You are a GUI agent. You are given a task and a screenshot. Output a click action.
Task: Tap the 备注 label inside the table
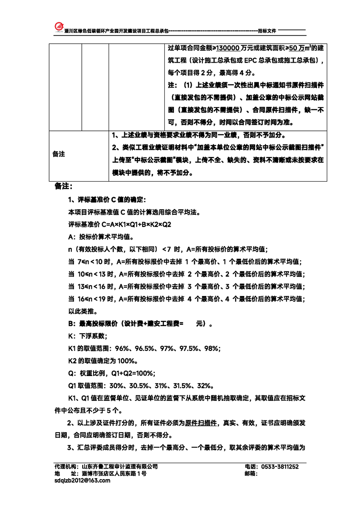(59, 154)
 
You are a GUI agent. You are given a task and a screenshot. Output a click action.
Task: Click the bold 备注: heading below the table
(64, 186)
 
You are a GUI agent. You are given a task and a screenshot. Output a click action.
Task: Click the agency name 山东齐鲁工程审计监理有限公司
(119, 467)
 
